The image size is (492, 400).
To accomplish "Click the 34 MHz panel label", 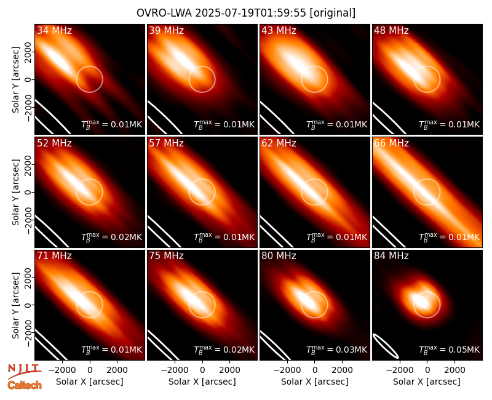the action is (x=54, y=30).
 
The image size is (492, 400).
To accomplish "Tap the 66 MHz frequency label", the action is (x=391, y=143).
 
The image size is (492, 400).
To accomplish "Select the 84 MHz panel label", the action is (x=391, y=256).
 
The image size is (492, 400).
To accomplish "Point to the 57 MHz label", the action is (x=166, y=143).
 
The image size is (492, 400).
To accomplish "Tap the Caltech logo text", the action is (x=25, y=385).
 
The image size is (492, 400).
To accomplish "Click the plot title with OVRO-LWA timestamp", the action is (x=246, y=13).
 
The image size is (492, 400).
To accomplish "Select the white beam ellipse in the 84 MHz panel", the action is (x=386, y=346).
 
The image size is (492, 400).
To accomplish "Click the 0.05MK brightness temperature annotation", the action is (x=450, y=349).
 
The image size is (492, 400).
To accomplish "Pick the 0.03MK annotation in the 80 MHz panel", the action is (x=336, y=349).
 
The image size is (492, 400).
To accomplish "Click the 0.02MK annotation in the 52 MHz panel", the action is (x=112, y=236).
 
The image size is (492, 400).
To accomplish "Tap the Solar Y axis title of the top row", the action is (x=15, y=80).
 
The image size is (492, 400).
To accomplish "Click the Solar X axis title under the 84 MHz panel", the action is (x=427, y=382).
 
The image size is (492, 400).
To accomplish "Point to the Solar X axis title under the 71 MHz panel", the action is (x=90, y=382).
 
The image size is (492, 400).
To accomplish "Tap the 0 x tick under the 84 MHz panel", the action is (x=427, y=370).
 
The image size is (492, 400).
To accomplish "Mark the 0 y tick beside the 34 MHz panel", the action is (x=28, y=80).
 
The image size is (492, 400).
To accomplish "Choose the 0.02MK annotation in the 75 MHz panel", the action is (x=224, y=349).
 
